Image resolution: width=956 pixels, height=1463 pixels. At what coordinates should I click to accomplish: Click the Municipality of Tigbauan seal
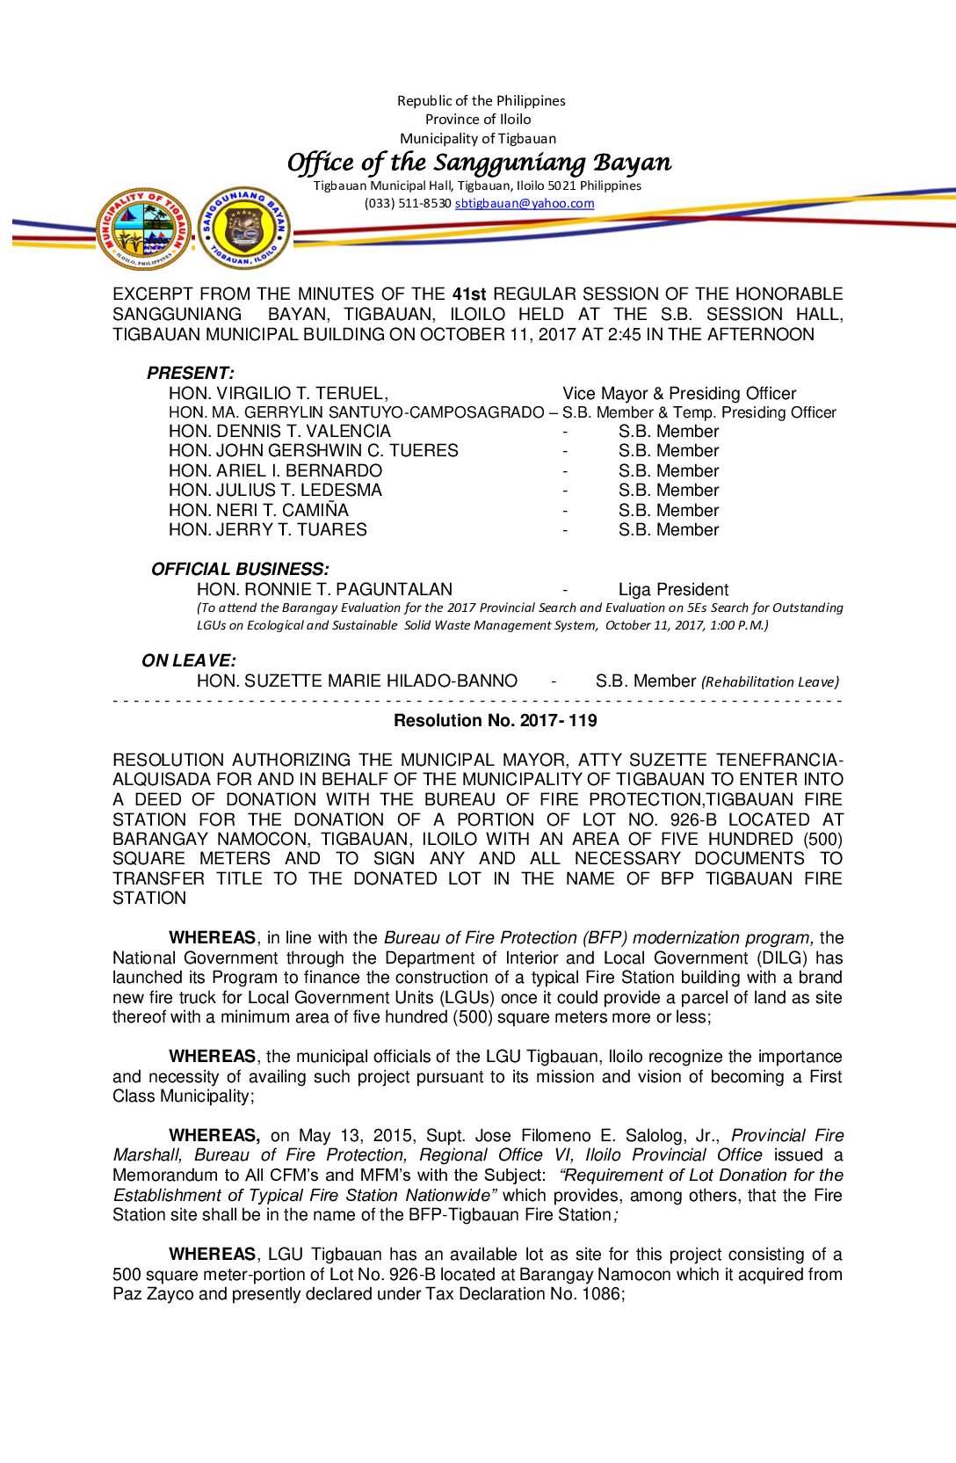[143, 229]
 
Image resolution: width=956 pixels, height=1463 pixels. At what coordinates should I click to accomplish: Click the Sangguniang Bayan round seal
[243, 229]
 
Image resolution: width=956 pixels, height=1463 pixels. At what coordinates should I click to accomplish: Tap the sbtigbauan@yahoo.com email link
[525, 203]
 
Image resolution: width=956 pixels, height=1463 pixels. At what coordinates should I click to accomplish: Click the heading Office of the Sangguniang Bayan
[479, 163]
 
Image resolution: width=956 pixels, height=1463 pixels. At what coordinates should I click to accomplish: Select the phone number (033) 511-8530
[408, 203]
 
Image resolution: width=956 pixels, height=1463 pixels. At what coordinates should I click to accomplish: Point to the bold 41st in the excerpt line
[469, 294]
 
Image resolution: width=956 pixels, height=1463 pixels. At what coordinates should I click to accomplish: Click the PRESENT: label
[190, 373]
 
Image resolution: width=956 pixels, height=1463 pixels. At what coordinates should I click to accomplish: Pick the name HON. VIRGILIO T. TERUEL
[278, 393]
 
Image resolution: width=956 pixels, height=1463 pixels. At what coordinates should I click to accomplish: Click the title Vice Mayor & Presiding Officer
[679, 393]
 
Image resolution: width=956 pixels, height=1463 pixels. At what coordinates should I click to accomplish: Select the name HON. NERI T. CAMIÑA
[258, 510]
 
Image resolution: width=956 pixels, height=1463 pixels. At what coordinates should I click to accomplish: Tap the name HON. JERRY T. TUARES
[268, 529]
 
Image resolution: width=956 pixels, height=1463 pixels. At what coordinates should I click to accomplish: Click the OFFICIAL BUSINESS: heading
[240, 569]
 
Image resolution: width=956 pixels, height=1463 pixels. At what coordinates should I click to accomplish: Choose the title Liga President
[673, 589]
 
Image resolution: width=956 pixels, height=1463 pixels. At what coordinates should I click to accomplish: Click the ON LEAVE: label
[189, 660]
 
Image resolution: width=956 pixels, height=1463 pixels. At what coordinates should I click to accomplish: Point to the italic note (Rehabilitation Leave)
[770, 681]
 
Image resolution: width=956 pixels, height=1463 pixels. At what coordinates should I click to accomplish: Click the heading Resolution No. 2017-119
[496, 721]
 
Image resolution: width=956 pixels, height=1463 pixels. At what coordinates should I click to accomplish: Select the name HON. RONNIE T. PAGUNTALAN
[324, 589]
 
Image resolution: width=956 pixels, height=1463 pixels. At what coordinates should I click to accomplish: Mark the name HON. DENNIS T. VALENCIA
[279, 431]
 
